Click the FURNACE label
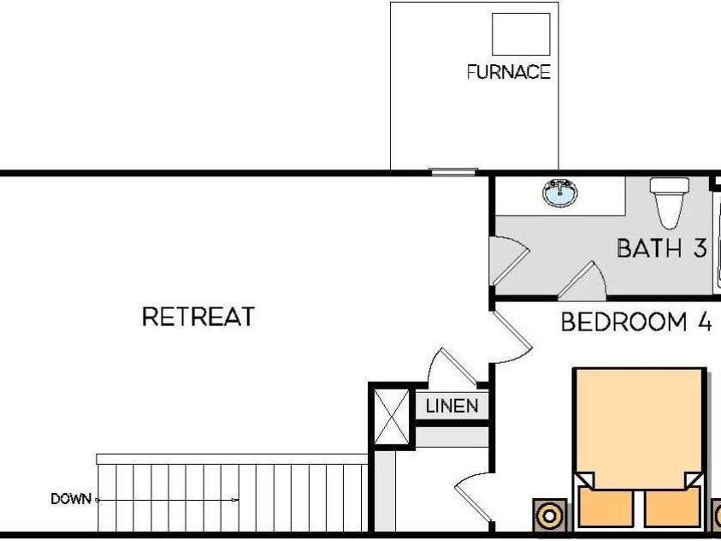pos(509,72)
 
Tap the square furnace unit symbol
pos(521,34)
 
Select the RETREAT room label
pos(198,317)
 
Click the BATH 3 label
pos(661,248)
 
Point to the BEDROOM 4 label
pos(636,322)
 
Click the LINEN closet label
pos(452,406)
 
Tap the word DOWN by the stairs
pos(71,499)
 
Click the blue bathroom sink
pos(559,193)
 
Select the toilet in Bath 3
pos(670,202)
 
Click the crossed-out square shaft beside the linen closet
pos(391,417)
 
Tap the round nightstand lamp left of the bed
pos(550,515)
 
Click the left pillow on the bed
pos(606,507)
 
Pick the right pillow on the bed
pos(671,507)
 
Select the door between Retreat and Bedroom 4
pos(511,336)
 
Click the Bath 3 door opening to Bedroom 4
pos(582,278)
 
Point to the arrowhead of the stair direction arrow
pos(235,500)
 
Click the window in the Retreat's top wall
pos(453,171)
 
